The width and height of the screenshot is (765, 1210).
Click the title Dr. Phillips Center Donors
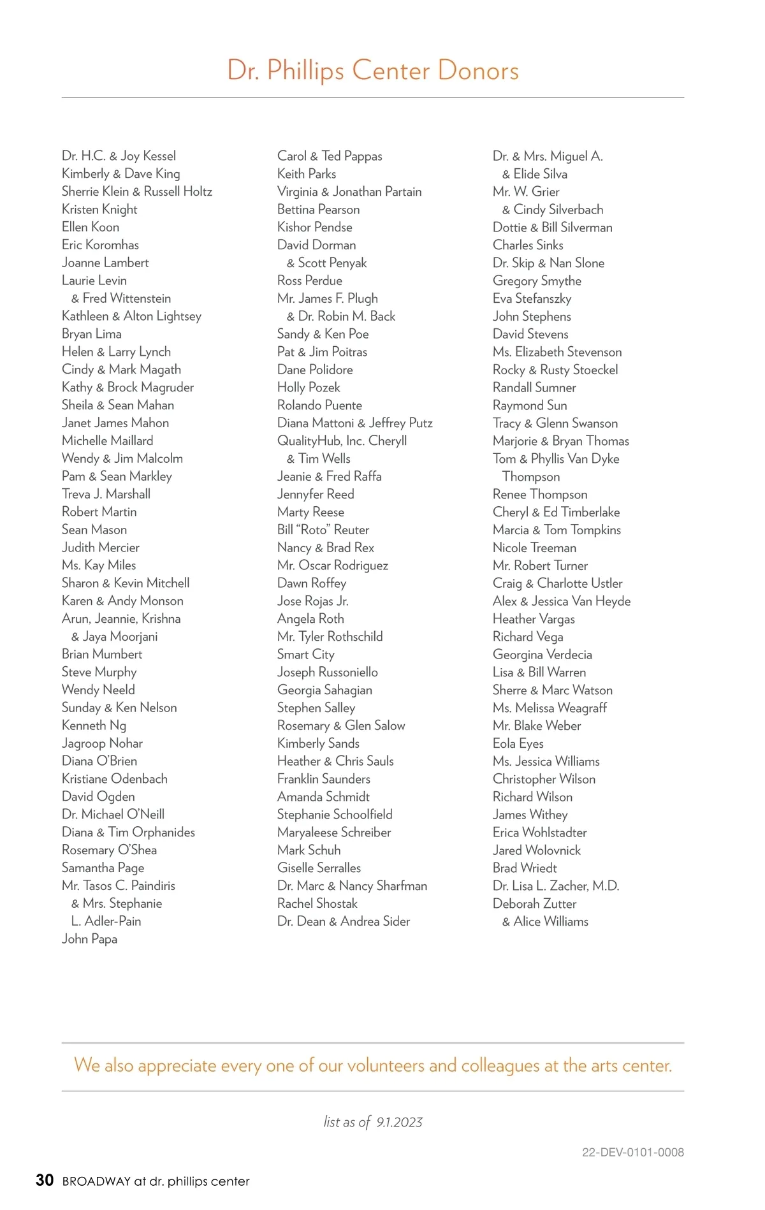pos(373,70)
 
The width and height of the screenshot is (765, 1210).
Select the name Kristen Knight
pos(99,210)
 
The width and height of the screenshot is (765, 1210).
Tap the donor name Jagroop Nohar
pos(102,743)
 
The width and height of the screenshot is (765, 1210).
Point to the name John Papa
pos(89,939)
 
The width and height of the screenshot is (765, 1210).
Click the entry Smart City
pos(305,655)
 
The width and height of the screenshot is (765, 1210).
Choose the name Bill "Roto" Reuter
pos(323,530)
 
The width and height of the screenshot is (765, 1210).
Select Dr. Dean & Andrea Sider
pos(344,921)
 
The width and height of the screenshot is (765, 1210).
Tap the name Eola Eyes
pos(518,743)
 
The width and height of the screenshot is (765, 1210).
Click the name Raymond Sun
pos(530,405)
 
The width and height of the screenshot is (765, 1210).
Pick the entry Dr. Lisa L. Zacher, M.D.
pos(556,886)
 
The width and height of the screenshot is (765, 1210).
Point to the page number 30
pos(45,1180)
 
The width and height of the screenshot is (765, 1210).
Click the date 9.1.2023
pos(399,1122)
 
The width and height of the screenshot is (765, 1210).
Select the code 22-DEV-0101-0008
pos(632,1152)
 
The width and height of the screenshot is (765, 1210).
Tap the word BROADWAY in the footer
pos(96,1181)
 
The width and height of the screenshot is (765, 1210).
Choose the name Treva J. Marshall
pos(106,494)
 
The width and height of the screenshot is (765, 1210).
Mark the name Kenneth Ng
pos(94,725)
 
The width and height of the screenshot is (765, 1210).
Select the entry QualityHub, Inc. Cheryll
pos(342,441)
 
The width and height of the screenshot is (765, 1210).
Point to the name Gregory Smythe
pos(537,281)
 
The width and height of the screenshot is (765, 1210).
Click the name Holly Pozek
pos(309,388)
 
